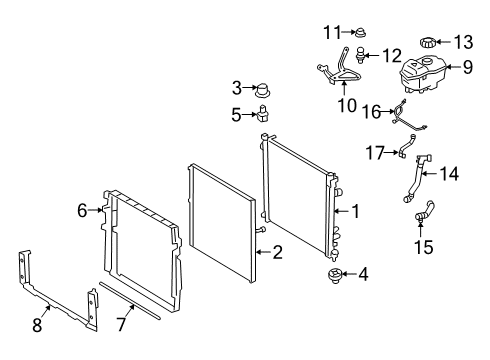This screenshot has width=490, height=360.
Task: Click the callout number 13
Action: coord(464,42)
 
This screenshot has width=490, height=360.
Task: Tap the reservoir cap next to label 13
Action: coord(427,43)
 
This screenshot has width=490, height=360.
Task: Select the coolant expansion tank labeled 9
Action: coord(421,75)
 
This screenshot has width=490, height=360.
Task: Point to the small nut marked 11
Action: coord(360,32)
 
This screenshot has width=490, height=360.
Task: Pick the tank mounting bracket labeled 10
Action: coord(339,68)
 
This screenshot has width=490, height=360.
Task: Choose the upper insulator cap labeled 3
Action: coord(262,90)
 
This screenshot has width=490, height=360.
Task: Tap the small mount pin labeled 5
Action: coord(263,113)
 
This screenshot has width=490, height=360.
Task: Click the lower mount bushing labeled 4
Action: coord(334,275)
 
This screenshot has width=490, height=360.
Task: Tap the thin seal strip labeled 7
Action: coord(130,301)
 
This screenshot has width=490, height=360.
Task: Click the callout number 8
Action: coord(37,325)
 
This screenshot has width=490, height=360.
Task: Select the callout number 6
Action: coord(82,211)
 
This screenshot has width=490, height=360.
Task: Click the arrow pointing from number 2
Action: coord(264,252)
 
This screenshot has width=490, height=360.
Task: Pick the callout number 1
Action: coord(356,211)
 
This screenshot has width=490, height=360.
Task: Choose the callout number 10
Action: coord(347,105)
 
